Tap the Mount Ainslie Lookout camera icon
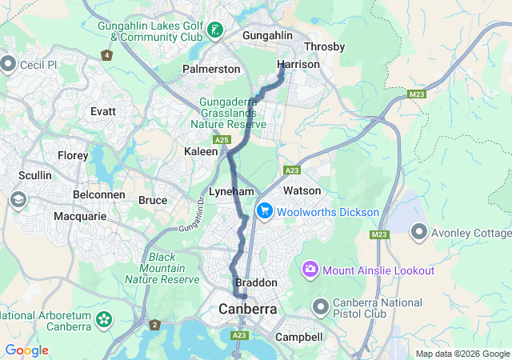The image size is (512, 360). pos(310,270)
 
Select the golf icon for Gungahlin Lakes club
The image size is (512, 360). pos(214,31)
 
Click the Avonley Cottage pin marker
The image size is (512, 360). pos(418,233)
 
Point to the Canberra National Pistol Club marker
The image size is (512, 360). pos(321,307)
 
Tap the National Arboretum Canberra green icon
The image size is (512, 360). pos(103,320)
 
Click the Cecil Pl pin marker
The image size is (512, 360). pos(9,64)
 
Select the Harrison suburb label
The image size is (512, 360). pos(293,64)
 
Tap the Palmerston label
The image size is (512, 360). pos(211,70)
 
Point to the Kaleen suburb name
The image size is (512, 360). pos(201,151)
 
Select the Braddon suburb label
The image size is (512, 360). pos(256,283)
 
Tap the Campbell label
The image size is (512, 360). pos(298,338)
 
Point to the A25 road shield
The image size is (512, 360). pos(222,141)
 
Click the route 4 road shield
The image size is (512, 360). pos(106,55)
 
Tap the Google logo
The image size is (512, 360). pos(26,350)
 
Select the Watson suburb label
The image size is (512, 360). pos(302,190)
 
